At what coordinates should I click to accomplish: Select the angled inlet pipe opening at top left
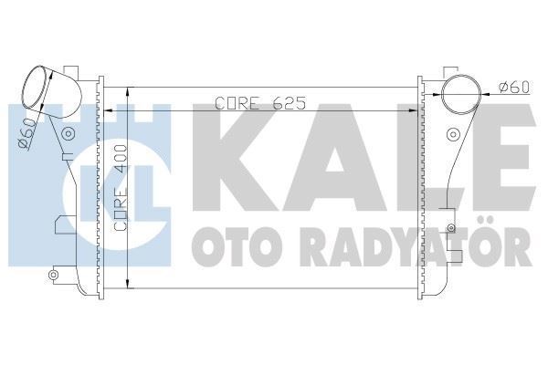39,84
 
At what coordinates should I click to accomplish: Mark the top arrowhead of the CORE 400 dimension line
129,92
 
